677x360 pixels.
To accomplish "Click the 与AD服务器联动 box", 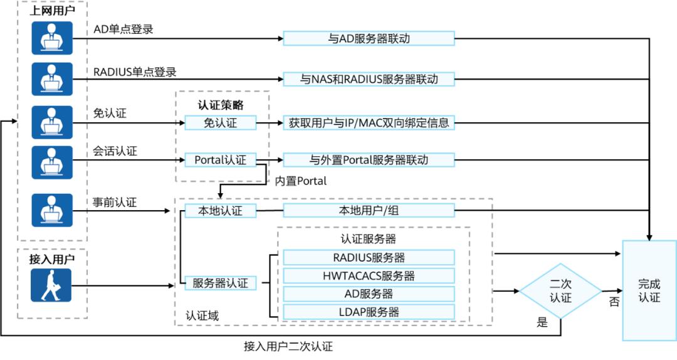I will coord(369,38).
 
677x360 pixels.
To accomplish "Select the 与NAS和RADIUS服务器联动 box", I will coord(369,80).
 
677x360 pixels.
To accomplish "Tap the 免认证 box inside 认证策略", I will coord(220,123).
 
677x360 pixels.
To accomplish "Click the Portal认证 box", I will coord(220,160).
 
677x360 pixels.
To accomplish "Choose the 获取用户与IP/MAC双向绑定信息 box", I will coord(369,123).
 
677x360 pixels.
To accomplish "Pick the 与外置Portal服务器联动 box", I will coord(369,160).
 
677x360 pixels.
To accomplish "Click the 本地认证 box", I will coord(220,211).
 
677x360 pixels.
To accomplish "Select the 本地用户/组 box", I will coord(369,211).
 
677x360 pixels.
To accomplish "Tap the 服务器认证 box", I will coord(220,283).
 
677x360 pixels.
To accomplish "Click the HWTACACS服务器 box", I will coord(369,275).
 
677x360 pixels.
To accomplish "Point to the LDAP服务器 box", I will coord(369,312).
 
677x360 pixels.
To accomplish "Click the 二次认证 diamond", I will coord(560,291).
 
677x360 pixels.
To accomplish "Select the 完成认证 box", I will coord(649,290).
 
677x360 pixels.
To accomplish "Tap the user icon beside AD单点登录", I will coord(53,38).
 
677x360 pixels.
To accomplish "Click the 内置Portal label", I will coord(301,181).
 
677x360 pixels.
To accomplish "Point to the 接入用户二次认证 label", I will coord(288,346).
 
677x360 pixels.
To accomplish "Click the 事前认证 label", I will coord(115,202).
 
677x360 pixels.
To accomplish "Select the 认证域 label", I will coord(202,315).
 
